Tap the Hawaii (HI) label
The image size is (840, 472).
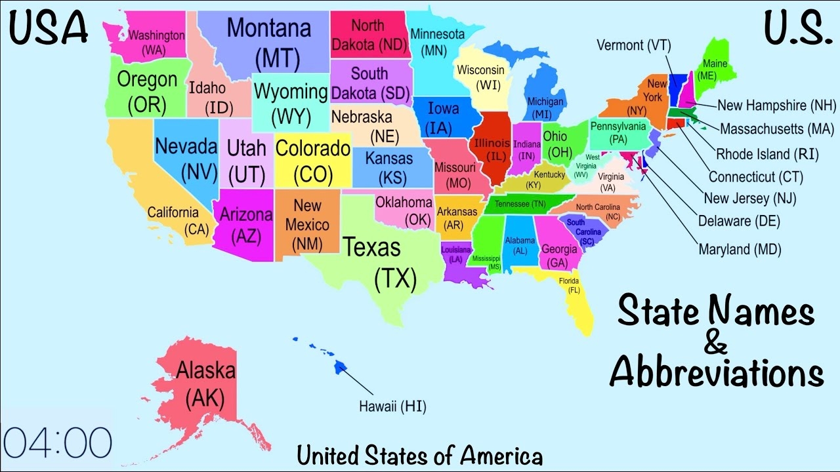[x=392, y=406]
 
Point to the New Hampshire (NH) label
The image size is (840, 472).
[x=776, y=106]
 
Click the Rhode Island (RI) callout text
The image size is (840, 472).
[x=761, y=155]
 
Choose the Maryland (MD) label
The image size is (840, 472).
[x=740, y=249]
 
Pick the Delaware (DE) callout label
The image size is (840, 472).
[x=739, y=221]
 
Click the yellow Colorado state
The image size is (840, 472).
[x=313, y=161]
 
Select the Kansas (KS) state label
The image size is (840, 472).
[x=389, y=167]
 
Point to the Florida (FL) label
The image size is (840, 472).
[x=569, y=285]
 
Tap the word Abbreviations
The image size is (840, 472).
[x=716, y=374]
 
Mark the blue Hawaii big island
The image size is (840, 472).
[x=340, y=368]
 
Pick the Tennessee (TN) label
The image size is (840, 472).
[x=520, y=204]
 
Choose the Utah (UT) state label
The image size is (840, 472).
[x=247, y=161]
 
